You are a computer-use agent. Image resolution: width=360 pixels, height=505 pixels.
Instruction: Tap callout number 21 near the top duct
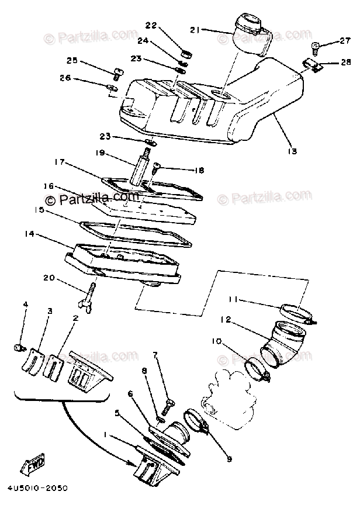pyautogui.click(x=195, y=29)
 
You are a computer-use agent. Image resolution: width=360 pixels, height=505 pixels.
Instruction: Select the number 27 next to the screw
pyautogui.click(x=343, y=41)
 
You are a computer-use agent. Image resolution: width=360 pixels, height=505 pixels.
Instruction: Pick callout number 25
pyautogui.click(x=72, y=61)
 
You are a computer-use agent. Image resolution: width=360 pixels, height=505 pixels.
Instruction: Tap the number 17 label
pyautogui.click(x=59, y=162)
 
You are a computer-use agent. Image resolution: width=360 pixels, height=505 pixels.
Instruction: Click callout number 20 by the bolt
pyautogui.click(x=64, y=278)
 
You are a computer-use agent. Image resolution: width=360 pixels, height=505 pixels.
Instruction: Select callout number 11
pyautogui.click(x=233, y=300)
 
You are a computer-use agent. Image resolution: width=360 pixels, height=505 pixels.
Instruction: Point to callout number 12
pyautogui.click(x=226, y=319)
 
